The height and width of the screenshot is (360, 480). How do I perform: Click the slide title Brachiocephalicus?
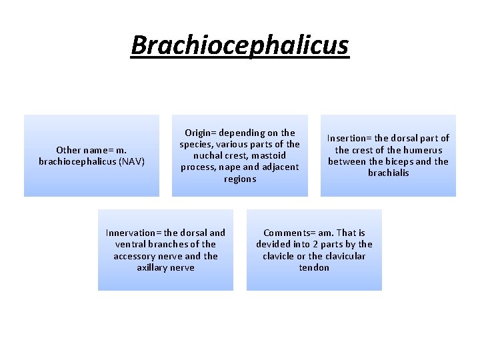[239, 45]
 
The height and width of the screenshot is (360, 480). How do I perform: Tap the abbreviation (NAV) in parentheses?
[131, 161]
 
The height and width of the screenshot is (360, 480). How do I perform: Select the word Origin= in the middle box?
[204, 133]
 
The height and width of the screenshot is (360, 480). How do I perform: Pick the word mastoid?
[271, 156]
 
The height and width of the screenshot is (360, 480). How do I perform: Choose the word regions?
[240, 179]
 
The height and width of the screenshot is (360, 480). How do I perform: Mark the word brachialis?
[388, 173]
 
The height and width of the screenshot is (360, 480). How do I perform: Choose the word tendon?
[314, 267]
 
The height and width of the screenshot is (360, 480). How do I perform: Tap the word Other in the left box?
[69, 150]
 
